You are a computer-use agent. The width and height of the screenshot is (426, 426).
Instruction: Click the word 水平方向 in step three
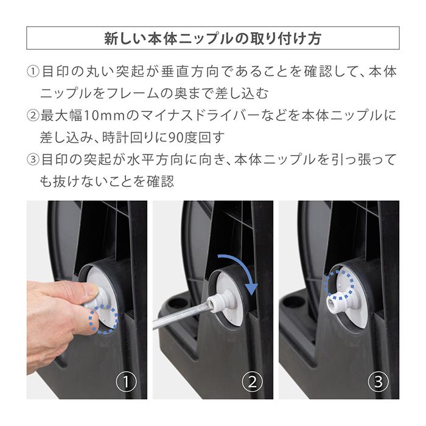pos(151,160)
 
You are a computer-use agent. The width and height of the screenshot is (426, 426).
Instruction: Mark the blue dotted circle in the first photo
pos(103,317)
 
